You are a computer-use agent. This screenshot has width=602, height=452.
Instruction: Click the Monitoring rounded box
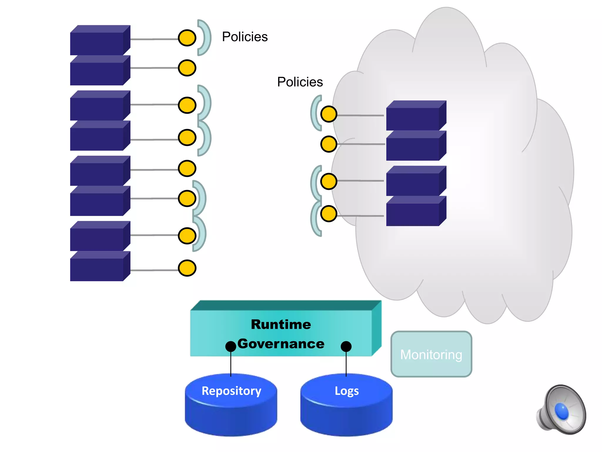tap(431, 354)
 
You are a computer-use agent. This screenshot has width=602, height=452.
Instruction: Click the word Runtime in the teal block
tap(281, 324)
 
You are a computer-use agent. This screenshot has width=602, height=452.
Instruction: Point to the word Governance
tap(281, 344)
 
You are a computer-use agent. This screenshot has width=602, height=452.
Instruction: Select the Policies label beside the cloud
tap(300, 82)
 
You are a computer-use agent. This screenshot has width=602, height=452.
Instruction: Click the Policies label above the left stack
tap(245, 37)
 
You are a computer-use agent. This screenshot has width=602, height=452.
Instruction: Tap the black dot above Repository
tap(231, 346)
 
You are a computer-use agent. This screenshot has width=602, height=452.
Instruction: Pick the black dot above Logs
tap(346, 346)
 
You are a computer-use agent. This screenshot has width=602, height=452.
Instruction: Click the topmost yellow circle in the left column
tap(187, 38)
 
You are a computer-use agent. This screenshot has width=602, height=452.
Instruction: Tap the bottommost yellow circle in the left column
tap(187, 268)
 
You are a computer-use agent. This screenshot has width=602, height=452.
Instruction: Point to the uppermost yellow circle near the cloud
tap(329, 114)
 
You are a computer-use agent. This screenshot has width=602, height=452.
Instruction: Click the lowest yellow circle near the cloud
tap(329, 214)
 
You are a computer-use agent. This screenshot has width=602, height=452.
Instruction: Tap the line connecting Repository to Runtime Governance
tap(231, 364)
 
